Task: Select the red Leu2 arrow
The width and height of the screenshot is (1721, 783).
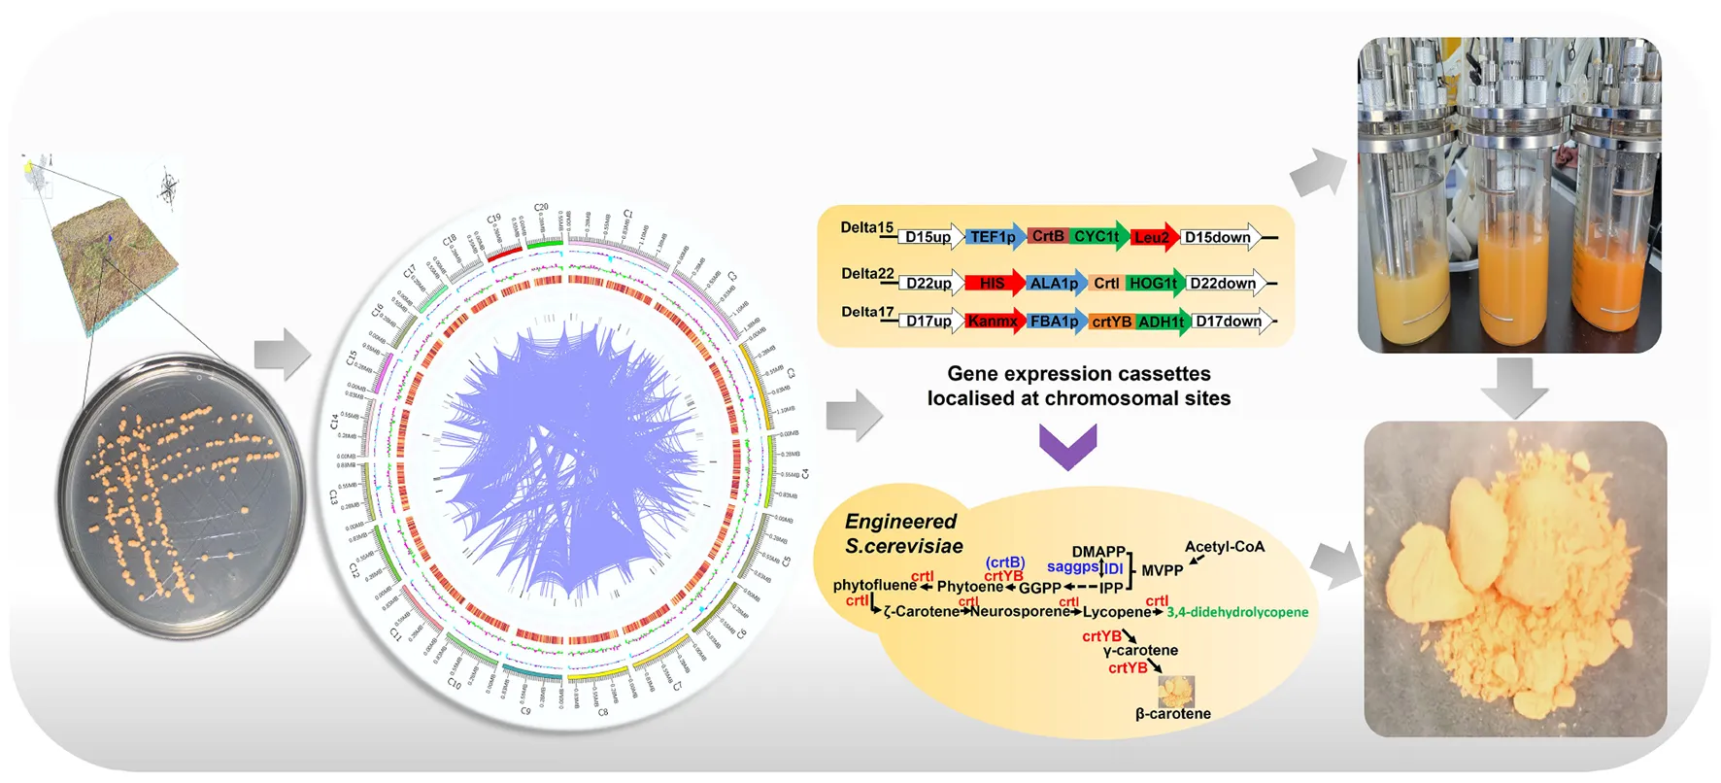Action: pyautogui.click(x=1153, y=237)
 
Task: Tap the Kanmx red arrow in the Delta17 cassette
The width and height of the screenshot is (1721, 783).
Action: pyautogui.click(x=994, y=322)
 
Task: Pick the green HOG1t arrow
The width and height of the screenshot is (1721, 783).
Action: pyautogui.click(x=1155, y=284)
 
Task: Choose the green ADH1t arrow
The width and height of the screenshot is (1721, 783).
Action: pyautogui.click(x=1163, y=322)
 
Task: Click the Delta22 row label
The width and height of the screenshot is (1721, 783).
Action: pyautogui.click(x=867, y=274)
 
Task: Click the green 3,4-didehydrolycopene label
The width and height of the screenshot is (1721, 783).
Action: pyautogui.click(x=1237, y=612)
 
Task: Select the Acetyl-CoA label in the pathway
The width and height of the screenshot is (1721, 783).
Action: pyautogui.click(x=1224, y=547)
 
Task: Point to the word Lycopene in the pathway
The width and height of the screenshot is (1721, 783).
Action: pyautogui.click(x=1117, y=612)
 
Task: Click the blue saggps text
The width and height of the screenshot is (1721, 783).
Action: pyautogui.click(x=1072, y=566)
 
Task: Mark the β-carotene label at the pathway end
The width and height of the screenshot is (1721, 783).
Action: pyautogui.click(x=1173, y=714)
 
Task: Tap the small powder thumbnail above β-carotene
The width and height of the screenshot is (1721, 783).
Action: pyautogui.click(x=1176, y=691)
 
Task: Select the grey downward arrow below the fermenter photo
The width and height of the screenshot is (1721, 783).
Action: pyautogui.click(x=1513, y=387)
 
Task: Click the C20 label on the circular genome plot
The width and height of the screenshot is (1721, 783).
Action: pyautogui.click(x=541, y=208)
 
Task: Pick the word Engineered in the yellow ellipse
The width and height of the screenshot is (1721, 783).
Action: pyautogui.click(x=900, y=522)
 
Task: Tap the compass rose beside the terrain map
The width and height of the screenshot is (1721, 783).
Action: pyautogui.click(x=169, y=187)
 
